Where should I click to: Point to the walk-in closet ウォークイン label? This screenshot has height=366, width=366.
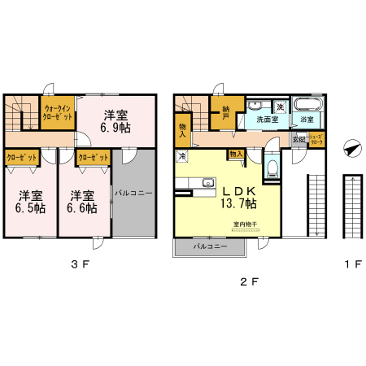59,108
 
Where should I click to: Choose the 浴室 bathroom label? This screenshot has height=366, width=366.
307,120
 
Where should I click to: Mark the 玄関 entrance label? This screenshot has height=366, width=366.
299,140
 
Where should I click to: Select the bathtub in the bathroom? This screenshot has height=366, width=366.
307,105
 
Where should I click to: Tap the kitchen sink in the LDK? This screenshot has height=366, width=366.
207,181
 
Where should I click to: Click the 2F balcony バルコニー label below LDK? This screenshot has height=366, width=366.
209,245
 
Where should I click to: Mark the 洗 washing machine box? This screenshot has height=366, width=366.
279,106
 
